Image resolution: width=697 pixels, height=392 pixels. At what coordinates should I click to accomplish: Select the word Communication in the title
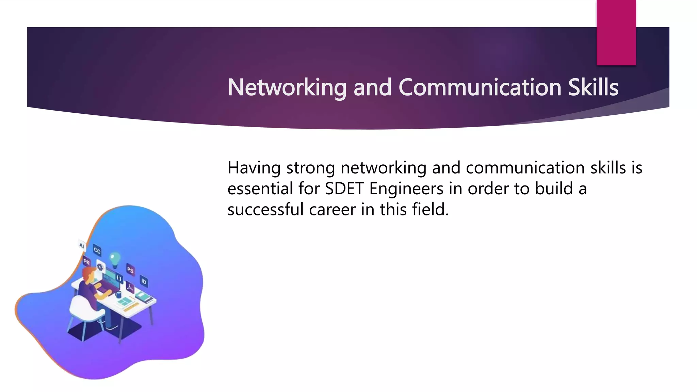480,87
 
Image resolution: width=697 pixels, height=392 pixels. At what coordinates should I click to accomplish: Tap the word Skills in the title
593,87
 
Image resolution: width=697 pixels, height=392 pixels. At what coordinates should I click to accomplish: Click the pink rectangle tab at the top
616,32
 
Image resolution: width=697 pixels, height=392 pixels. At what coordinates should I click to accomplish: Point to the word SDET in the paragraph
344,189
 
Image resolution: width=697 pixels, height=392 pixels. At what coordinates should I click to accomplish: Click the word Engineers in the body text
406,189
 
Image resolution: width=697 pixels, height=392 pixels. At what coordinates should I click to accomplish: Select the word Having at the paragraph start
254,168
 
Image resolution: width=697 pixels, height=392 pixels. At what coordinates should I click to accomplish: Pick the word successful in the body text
265,209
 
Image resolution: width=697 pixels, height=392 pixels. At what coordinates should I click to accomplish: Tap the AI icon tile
82,245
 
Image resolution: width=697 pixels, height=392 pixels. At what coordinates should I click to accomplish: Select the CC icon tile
97,251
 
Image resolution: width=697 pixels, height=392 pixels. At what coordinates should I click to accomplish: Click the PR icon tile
86,262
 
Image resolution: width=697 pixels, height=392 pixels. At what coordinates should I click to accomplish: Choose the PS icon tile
130,270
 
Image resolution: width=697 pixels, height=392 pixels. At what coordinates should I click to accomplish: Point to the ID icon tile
144,281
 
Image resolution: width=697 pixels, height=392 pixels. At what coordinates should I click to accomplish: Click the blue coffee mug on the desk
118,294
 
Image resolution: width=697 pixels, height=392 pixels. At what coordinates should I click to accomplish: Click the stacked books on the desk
145,298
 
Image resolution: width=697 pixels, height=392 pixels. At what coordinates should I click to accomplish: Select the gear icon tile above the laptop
100,267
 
